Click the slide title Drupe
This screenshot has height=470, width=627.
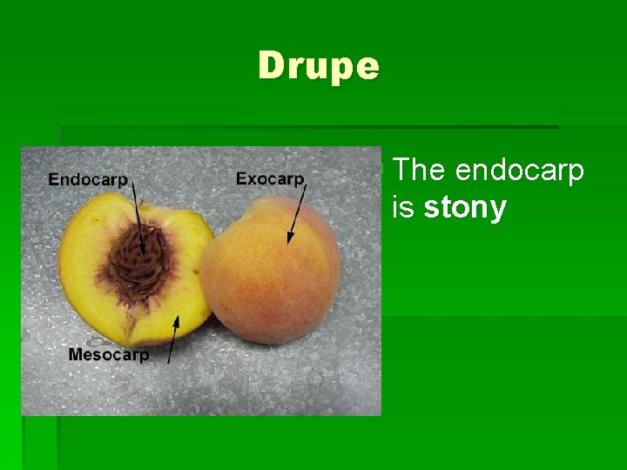pos(319,66)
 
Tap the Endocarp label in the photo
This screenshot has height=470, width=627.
pos(88,179)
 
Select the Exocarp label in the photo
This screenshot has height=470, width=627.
pos(270,178)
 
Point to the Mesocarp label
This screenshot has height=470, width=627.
pos(108,354)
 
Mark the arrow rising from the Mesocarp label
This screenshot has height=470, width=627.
pos(172,339)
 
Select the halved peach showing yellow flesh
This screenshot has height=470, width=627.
pos(131,270)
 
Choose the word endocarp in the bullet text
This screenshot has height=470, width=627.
pos(519,171)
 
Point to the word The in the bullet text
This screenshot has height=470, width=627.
pos(420,171)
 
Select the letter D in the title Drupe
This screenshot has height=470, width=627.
pos(271,66)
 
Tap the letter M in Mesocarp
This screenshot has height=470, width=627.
pos(75,354)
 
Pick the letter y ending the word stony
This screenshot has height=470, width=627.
pos(497,211)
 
